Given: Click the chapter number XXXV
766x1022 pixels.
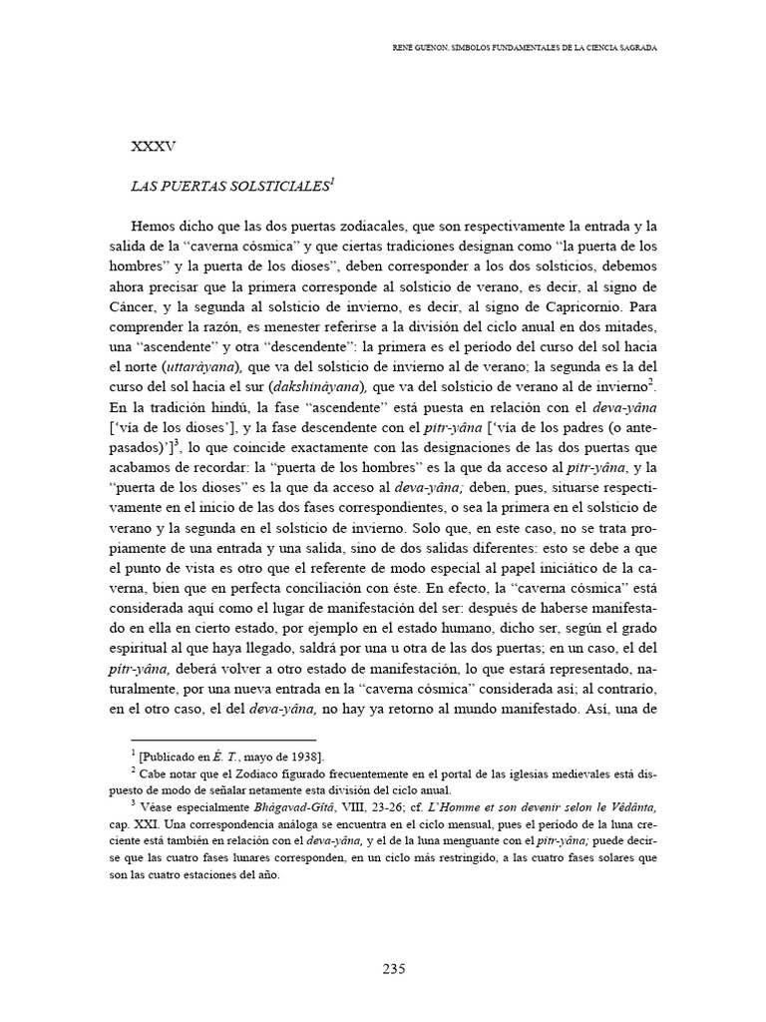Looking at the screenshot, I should [x=154, y=147].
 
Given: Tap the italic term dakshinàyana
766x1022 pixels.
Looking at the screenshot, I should [x=321, y=385].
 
